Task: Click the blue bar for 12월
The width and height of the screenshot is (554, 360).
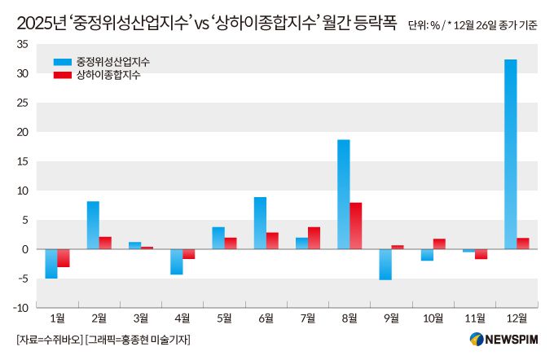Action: click(x=510, y=154)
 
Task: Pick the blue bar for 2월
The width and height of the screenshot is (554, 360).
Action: click(x=93, y=225)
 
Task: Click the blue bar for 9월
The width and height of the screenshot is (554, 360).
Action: click(x=385, y=264)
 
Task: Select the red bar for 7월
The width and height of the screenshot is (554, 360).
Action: click(x=314, y=238)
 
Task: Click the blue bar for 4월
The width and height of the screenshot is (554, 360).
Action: click(x=176, y=261)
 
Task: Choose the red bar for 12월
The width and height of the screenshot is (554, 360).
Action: click(x=522, y=244)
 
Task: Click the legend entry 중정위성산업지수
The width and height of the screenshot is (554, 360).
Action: click(x=112, y=62)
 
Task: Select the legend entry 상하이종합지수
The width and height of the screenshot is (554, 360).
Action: click(x=108, y=75)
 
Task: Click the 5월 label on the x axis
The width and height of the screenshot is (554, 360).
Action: click(x=224, y=318)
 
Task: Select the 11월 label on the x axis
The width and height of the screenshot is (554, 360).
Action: click(x=475, y=318)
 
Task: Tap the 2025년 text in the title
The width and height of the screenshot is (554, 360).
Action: click(x=38, y=24)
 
